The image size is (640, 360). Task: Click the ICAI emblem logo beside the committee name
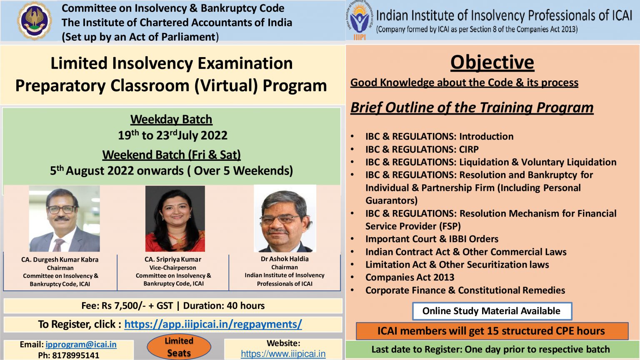pos(34,20)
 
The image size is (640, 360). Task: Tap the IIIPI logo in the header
pos(360,20)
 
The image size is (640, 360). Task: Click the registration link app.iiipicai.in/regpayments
pos(213,324)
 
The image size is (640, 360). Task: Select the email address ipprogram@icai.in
pos(81,344)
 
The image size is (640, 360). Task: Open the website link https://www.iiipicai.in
pos(283,354)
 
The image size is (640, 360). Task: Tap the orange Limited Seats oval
pos(179,347)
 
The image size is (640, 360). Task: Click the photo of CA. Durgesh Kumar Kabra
pos(64,219)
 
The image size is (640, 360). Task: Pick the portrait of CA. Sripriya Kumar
pos(175,219)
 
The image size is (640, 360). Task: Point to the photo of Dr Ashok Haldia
pos(285,219)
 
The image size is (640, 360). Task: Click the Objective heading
pos(492,62)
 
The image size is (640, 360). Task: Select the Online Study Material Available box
pos(492,311)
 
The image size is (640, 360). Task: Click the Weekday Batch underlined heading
pos(171,120)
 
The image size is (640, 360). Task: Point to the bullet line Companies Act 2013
pos(410,277)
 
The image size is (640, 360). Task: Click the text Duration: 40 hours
pos(224,306)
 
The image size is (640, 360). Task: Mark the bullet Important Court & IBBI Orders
pos(432,239)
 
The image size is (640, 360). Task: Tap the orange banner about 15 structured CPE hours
pos(492,331)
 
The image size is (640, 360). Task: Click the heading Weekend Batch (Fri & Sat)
pos(171,155)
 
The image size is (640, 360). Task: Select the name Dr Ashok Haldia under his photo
pos(285,259)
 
